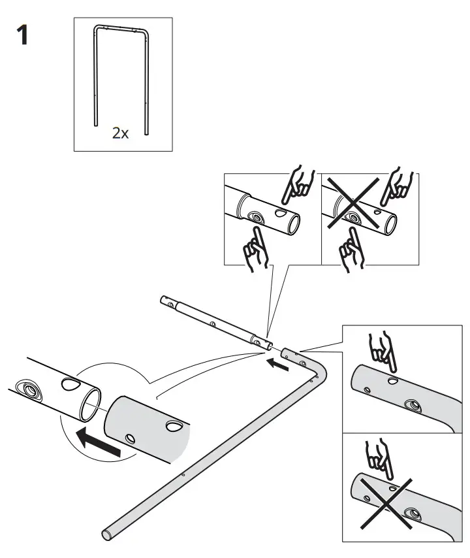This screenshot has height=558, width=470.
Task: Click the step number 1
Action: point(22,35)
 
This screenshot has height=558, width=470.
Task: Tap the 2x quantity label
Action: point(121,133)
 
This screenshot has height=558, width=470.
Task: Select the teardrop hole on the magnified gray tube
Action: point(174,426)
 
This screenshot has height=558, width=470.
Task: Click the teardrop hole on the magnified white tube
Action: point(69,382)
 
